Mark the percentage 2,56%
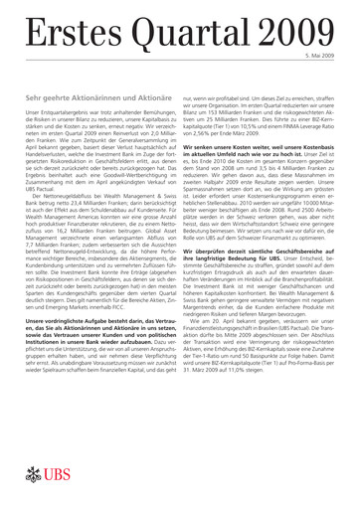tap(218, 143)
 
